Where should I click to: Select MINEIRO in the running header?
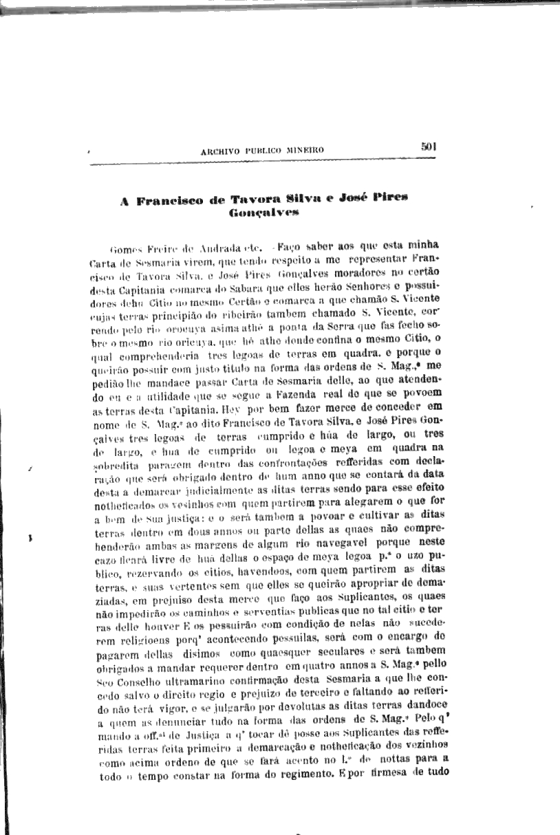coord(303,150)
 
